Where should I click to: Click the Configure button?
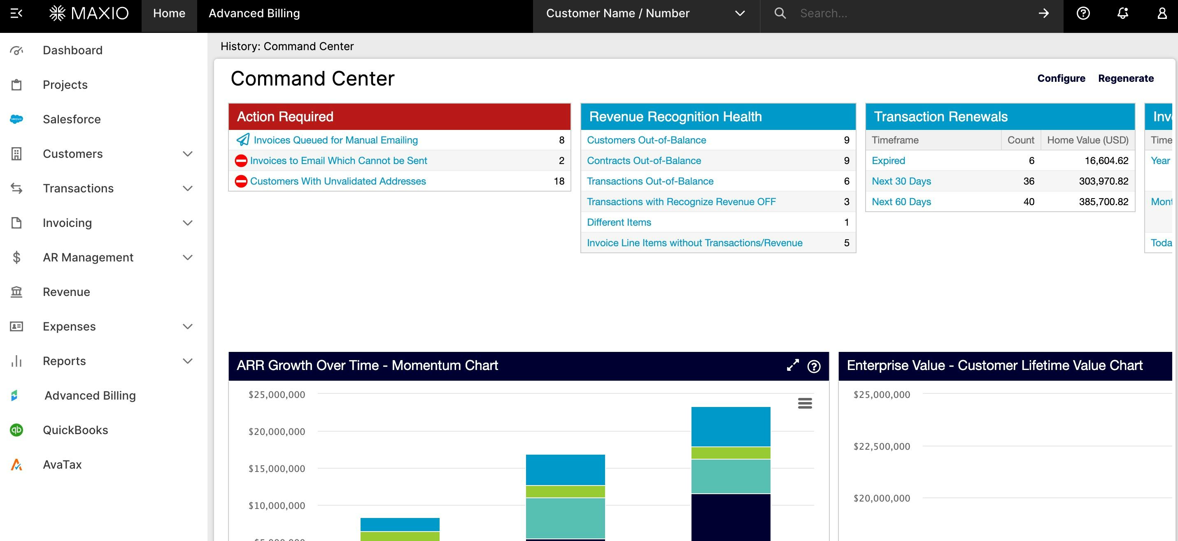[x=1061, y=78]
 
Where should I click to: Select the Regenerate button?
[x=1126, y=78]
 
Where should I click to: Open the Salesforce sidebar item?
[x=71, y=119]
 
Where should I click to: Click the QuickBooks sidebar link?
[x=75, y=430]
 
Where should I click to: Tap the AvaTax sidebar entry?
[x=62, y=465]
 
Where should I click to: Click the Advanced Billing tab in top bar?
[x=254, y=13]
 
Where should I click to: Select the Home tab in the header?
[x=169, y=13]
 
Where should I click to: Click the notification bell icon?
[x=1123, y=13]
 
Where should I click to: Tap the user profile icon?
[x=1162, y=13]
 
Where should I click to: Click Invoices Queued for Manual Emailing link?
[x=335, y=140]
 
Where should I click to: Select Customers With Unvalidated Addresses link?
[x=338, y=181]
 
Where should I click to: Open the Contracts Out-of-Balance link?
[x=644, y=160]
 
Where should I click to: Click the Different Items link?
[x=619, y=222]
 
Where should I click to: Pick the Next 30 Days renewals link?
[x=901, y=181]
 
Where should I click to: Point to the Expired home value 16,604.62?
[x=1106, y=160]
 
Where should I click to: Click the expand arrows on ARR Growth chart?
[x=792, y=365]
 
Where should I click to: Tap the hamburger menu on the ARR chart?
[x=805, y=403]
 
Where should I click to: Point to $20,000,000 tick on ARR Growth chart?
[x=277, y=431]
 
